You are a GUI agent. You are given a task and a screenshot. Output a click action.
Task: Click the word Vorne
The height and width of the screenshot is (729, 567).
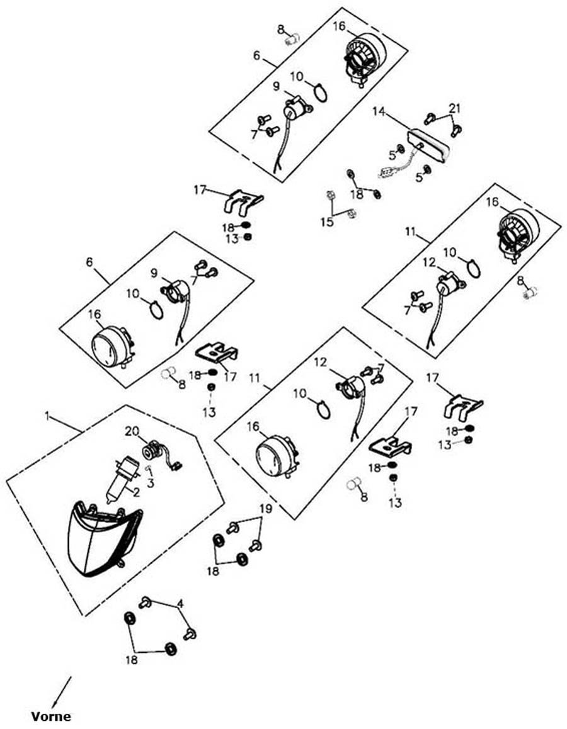[51, 716]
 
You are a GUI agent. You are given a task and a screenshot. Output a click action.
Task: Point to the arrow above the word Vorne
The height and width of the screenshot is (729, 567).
[62, 692]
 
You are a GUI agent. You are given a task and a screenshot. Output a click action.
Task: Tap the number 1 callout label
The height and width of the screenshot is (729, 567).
[47, 415]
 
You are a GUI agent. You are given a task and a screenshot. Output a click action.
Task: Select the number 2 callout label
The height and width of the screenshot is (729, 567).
[136, 492]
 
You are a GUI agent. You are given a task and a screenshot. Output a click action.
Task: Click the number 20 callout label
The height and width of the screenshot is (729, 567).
[132, 431]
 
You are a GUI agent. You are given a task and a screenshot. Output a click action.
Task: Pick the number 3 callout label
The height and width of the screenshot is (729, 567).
[150, 483]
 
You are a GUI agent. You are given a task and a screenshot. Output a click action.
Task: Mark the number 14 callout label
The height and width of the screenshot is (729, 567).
[379, 111]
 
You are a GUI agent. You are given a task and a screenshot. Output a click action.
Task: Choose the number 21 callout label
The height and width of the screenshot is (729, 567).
[454, 108]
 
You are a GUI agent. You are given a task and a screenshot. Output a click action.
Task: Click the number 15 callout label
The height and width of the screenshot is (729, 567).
[327, 222]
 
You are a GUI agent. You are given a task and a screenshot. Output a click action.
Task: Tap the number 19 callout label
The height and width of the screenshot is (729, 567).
[266, 509]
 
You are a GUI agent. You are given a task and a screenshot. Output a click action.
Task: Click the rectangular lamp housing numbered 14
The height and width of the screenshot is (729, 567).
[428, 147]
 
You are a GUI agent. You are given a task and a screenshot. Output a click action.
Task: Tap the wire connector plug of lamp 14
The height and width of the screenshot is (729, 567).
[386, 173]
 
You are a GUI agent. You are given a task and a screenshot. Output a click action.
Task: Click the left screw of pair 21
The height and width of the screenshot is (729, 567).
[430, 118]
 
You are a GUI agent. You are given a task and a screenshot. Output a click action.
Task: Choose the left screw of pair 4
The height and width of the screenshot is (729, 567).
[145, 602]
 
